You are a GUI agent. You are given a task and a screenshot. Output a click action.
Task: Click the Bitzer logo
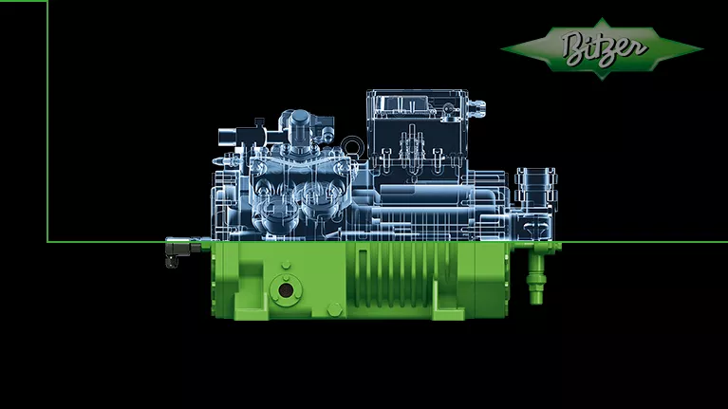(602, 48)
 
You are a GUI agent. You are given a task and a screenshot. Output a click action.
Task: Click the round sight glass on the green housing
(286, 290)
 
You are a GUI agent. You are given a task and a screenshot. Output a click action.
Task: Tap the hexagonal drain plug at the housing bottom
(335, 309)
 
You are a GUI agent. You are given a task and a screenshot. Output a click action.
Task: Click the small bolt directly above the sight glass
(286, 265)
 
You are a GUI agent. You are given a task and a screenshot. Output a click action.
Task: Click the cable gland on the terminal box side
(476, 108)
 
